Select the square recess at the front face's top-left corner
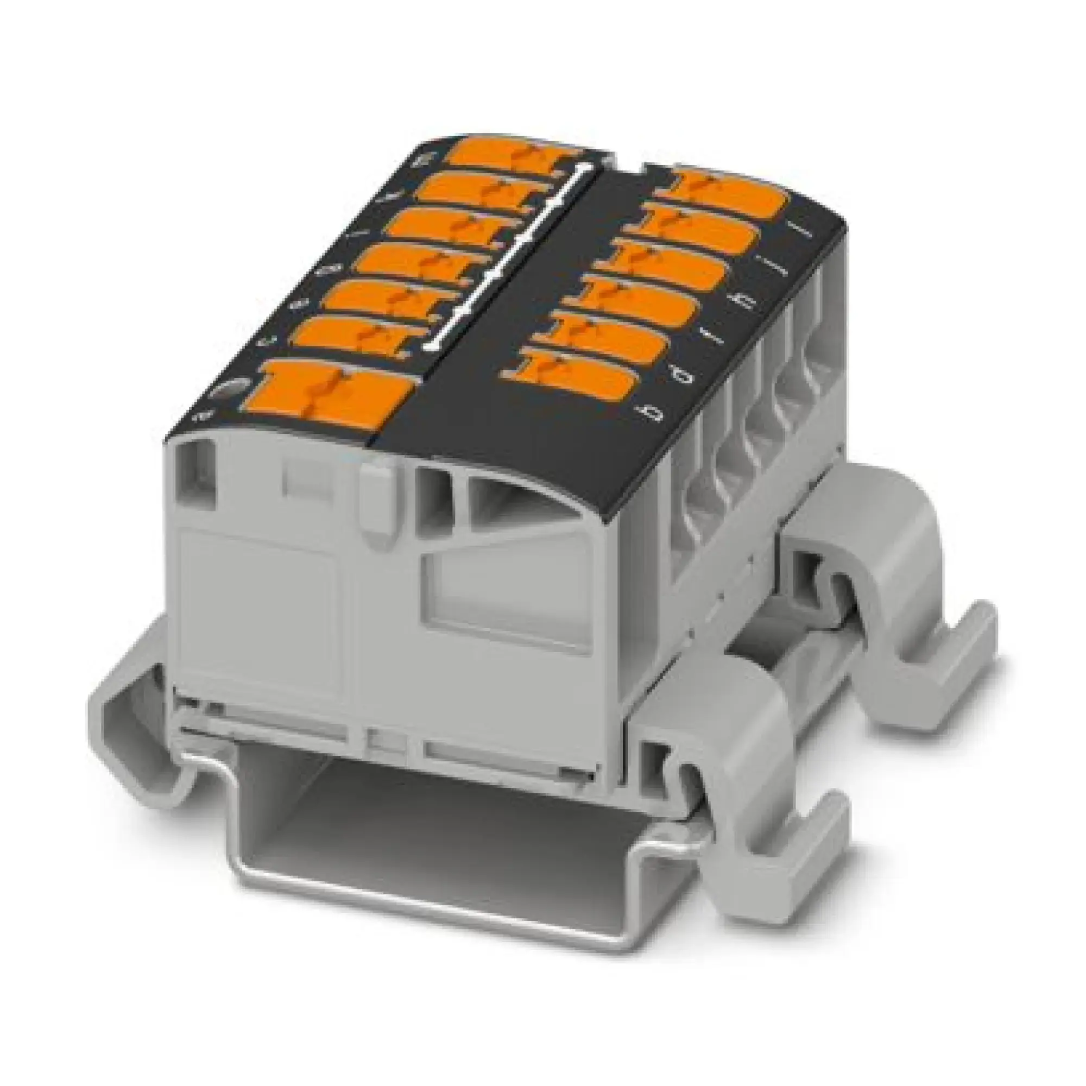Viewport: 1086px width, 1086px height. point(197,472)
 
